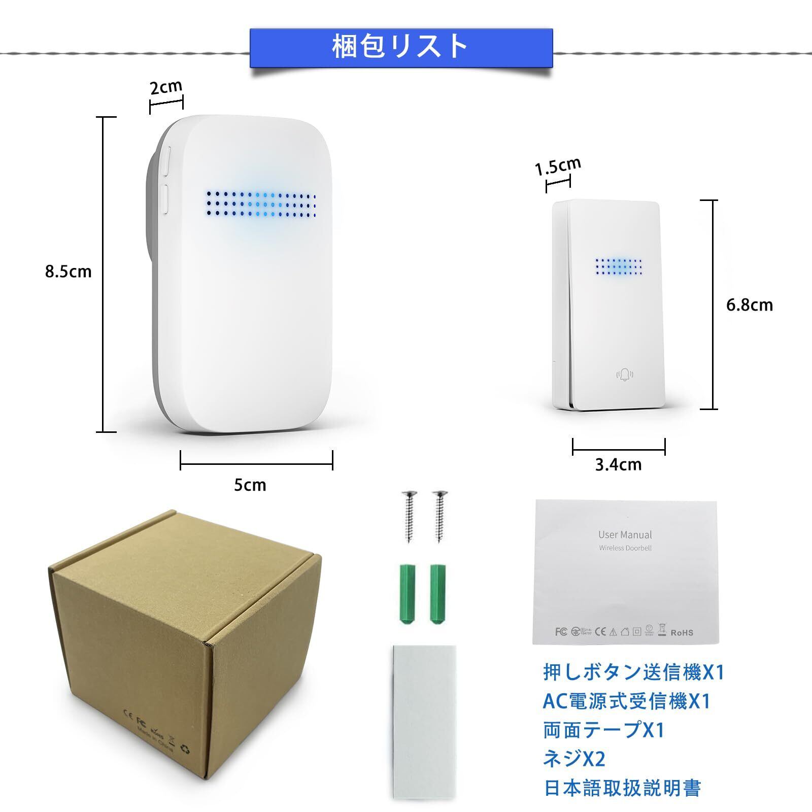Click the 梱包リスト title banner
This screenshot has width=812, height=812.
tap(400, 47)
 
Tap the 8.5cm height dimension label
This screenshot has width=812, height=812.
tap(68, 272)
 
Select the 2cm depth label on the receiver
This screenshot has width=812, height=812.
tap(165, 87)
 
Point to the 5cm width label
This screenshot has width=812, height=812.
tap(250, 485)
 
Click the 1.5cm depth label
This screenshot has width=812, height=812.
tap(558, 165)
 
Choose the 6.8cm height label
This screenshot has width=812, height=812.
tap(749, 305)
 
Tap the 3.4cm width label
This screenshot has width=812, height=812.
tap(618, 464)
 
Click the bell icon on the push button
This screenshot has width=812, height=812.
tap(625, 375)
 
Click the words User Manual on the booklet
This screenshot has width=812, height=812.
tap(625, 534)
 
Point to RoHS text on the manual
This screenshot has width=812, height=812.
tap(682, 633)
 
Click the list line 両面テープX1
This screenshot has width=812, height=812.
tap(603, 730)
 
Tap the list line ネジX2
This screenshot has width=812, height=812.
tap(574, 759)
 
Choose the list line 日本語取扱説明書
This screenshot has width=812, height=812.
tap(622, 788)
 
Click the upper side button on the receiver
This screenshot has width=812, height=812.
tap(166, 160)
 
